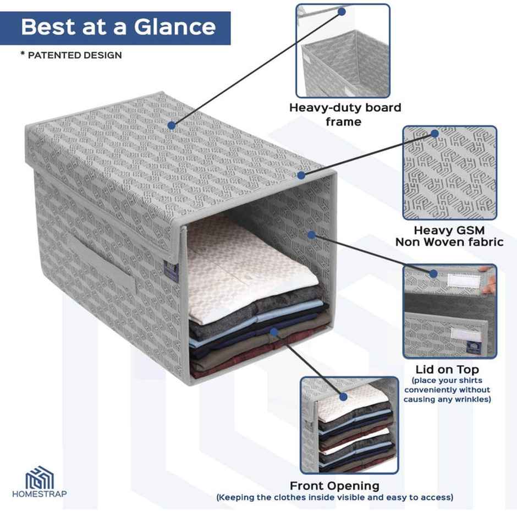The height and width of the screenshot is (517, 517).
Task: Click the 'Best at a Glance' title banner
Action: click(x=118, y=27)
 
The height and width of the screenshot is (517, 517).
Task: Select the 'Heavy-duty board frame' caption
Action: click(x=345, y=114)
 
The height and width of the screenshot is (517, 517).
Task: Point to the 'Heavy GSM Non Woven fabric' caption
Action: click(x=449, y=236)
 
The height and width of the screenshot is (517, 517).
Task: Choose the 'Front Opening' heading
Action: click(x=334, y=486)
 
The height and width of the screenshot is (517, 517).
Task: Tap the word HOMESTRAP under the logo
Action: click(x=40, y=494)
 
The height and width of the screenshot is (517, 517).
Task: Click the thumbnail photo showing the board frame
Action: click(x=343, y=51)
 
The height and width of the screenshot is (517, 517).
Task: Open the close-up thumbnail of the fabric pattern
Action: click(x=449, y=173)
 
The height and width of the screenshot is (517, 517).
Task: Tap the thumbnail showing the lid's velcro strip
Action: click(x=449, y=311)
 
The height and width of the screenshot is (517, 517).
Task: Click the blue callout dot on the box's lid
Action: click(x=172, y=125)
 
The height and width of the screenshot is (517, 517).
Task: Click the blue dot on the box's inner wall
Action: click(x=311, y=235)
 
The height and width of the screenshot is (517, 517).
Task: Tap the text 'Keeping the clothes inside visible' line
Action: click(x=334, y=497)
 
